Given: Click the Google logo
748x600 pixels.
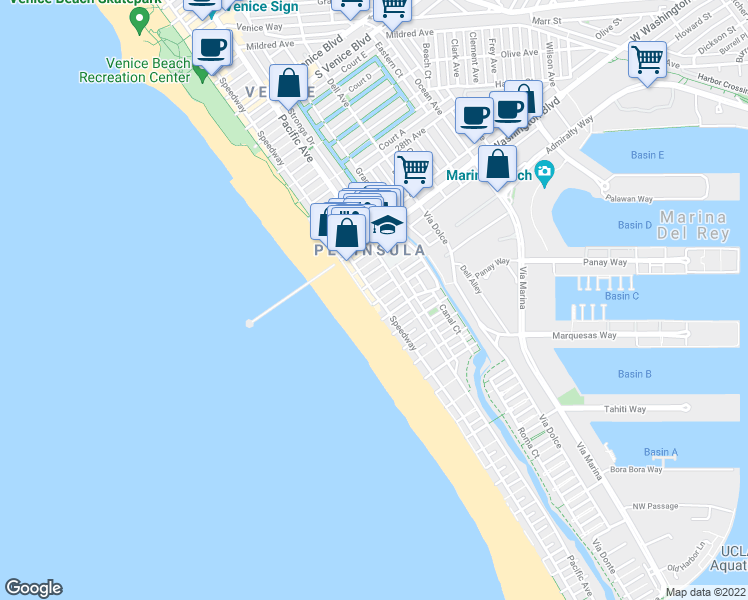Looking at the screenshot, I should pos(33,588).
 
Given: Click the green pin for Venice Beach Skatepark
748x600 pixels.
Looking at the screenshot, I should pos(139,18).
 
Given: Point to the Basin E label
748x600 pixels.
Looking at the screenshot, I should pos(647,155).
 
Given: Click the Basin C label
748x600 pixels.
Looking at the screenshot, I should pos(621,296).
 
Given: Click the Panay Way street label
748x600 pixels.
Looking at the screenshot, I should pos(604,263).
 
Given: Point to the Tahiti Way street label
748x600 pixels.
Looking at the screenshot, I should pos(625,409).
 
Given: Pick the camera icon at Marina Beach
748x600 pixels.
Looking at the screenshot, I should pos(544,170).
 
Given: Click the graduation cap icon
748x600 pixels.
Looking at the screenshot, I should pos(388,222).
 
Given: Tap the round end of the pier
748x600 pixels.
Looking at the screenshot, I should pos(249,322).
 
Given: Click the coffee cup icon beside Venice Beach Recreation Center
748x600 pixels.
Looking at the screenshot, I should pos(211,47).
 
